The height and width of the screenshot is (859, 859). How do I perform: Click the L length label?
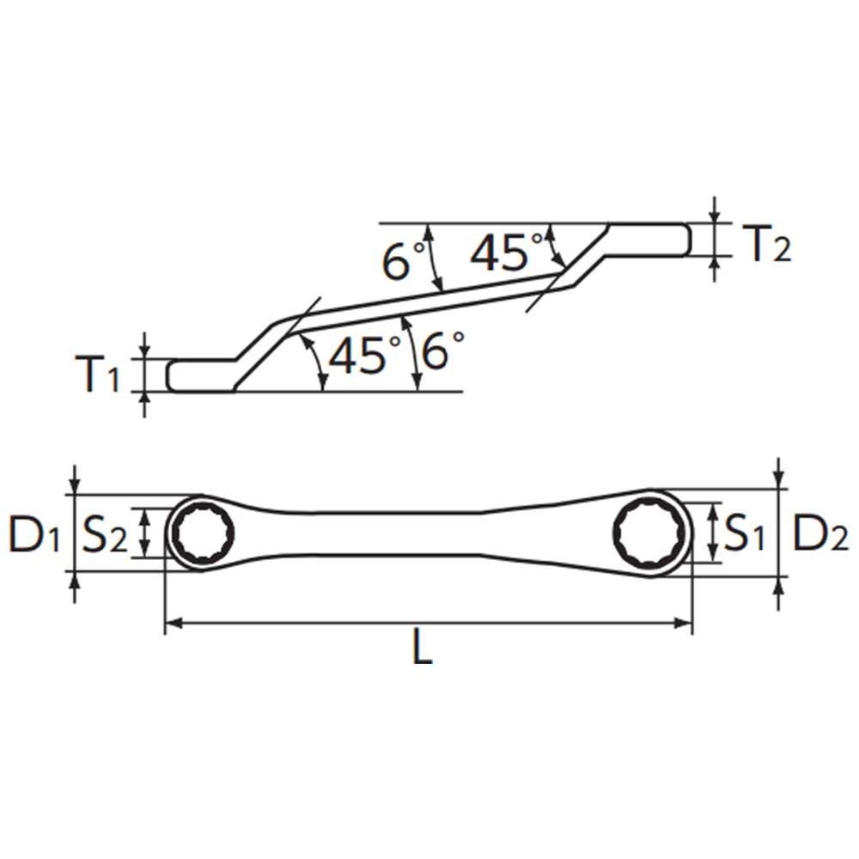coord(421,649)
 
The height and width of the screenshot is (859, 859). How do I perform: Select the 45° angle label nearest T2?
coord(508,252)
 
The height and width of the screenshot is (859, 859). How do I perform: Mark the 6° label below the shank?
coord(443,351)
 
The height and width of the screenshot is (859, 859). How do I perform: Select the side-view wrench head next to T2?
coord(649,240)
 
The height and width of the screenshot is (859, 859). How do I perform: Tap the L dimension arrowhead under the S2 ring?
coord(173,623)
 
